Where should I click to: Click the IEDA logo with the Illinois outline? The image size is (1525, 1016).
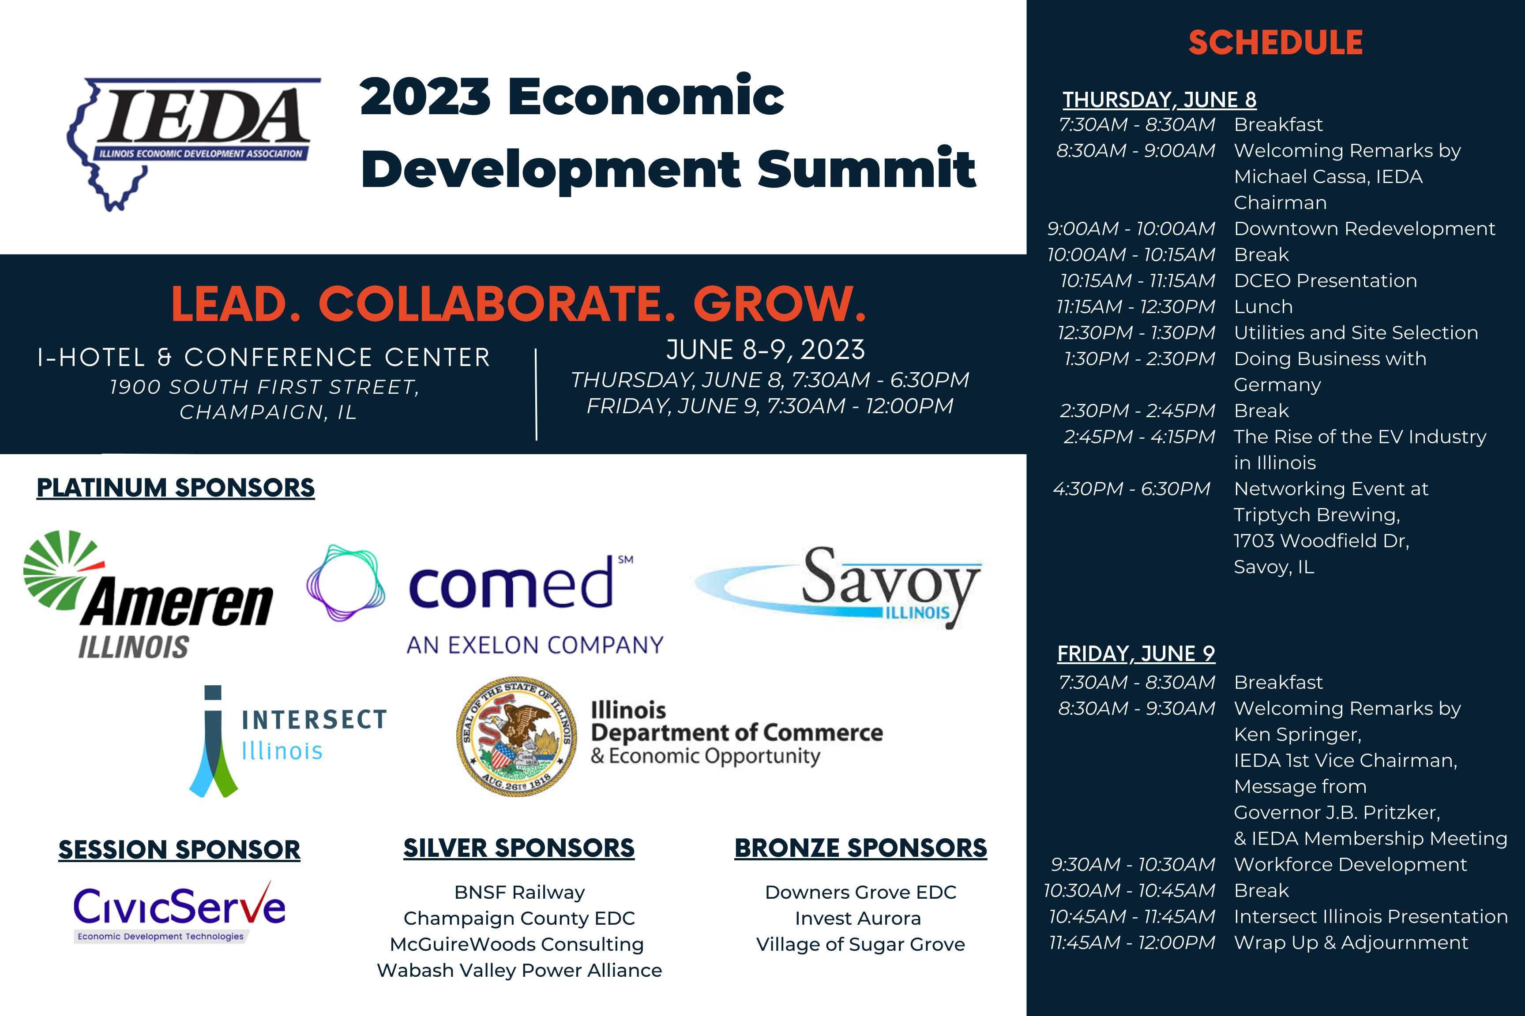point(193,144)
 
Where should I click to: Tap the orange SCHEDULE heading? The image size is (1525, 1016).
point(1275,43)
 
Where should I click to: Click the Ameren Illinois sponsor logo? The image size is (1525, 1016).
point(148,595)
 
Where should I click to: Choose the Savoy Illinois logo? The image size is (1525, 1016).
point(838,587)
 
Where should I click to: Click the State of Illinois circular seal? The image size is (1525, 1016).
point(517,737)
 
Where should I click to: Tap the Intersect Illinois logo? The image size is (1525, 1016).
point(288,741)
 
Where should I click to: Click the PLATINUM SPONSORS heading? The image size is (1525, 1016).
point(176,488)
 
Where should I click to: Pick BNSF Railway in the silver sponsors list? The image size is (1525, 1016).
point(519,892)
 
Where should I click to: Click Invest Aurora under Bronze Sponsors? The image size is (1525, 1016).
point(858,918)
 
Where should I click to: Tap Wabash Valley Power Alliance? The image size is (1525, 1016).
point(519,970)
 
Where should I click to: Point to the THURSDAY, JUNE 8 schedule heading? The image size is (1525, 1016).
point(1159,100)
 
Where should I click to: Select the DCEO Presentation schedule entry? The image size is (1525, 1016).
point(1325,280)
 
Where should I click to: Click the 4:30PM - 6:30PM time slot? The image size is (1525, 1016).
point(1131,489)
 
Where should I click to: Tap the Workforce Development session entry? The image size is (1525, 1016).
point(1350,864)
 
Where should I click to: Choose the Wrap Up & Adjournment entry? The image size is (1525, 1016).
point(1351,942)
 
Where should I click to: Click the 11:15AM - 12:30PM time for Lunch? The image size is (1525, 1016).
point(1136,306)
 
